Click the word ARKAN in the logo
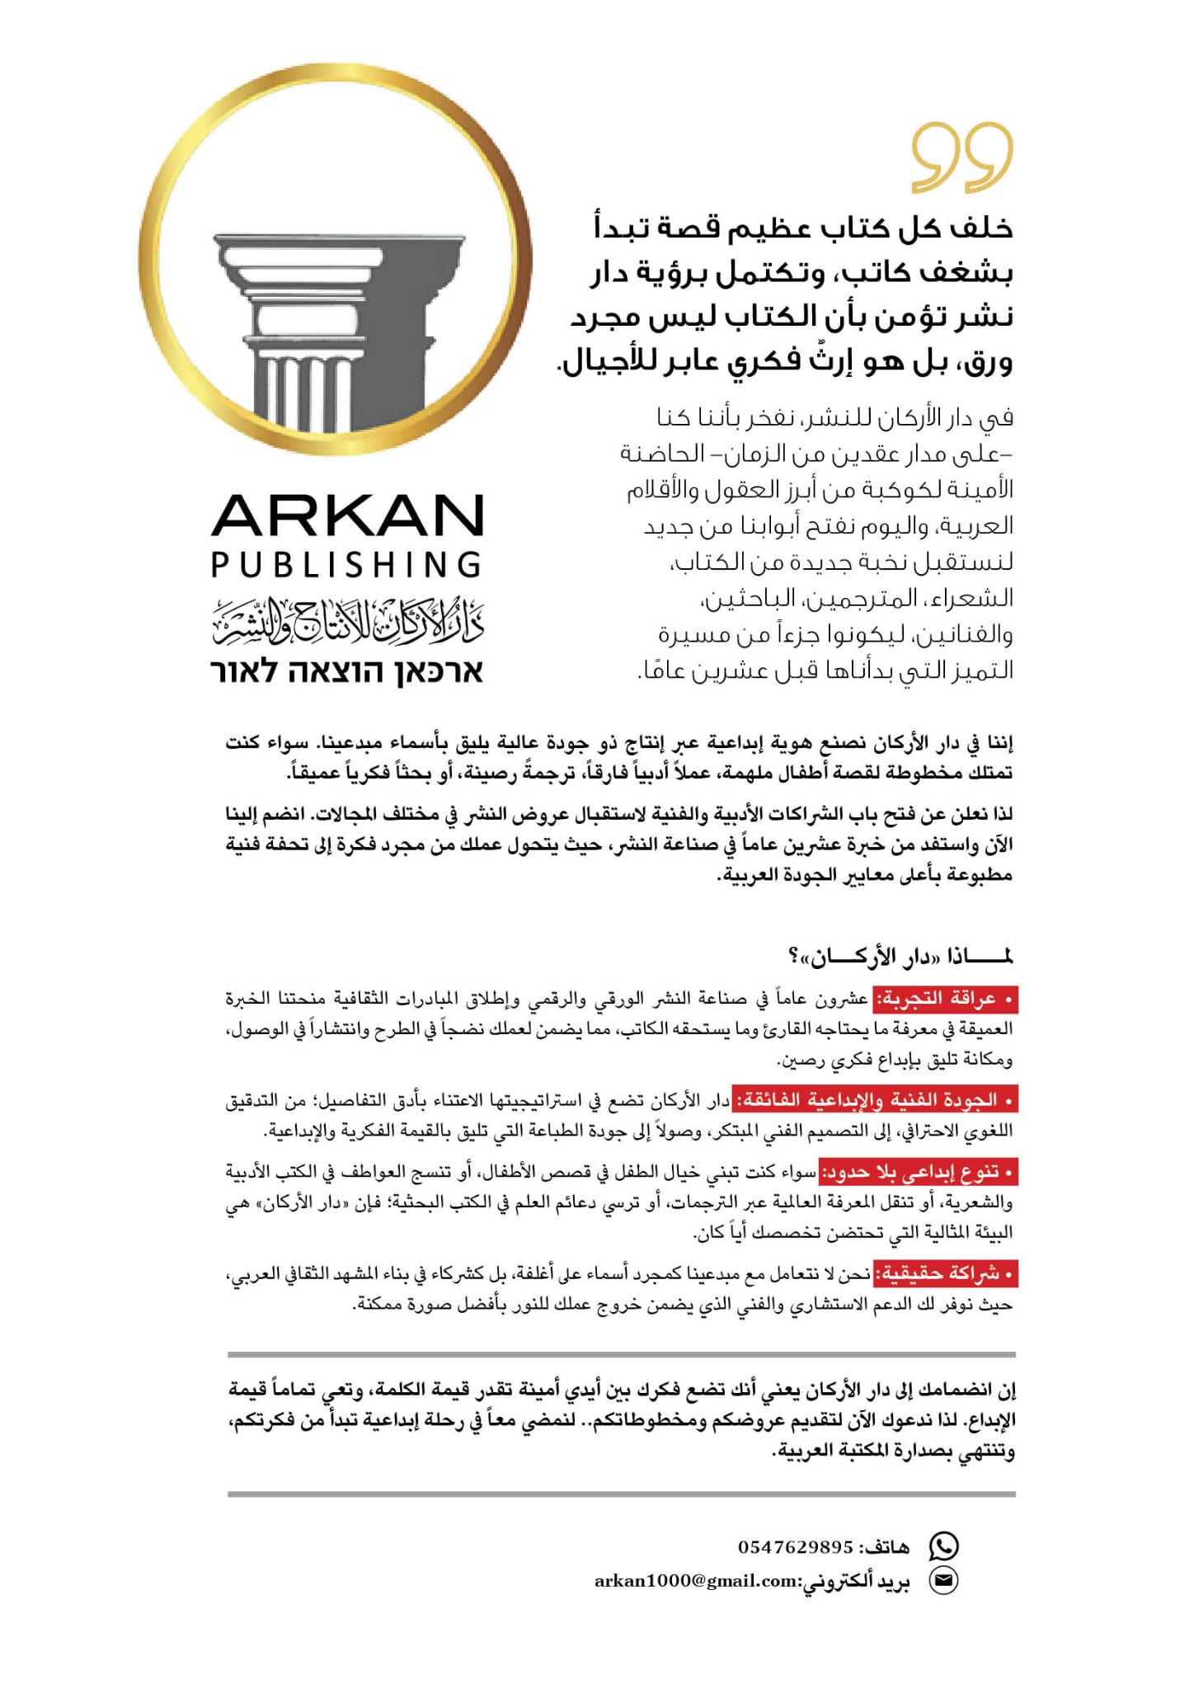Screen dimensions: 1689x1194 [346, 516]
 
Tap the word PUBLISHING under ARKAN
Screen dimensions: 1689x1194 [346, 565]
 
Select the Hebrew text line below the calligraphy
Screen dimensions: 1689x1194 [346, 671]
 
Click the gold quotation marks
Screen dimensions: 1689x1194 [962, 158]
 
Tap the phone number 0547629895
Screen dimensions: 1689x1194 [795, 1546]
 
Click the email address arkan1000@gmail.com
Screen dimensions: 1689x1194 [697, 1581]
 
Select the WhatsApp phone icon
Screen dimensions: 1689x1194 [943, 1546]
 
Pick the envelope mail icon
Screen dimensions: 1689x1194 [943, 1580]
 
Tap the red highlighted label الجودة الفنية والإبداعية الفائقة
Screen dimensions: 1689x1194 [876, 1099]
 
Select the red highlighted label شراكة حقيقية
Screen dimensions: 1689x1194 [945, 1273]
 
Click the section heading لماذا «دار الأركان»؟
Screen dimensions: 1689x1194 [900, 957]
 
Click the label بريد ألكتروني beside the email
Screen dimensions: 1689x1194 [858, 1581]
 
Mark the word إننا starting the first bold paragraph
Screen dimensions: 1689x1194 [997, 743]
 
